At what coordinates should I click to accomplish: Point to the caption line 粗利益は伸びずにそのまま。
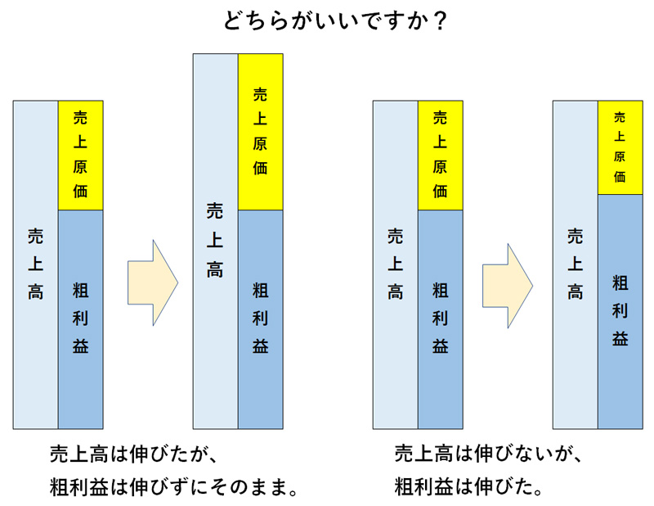tap(172, 489)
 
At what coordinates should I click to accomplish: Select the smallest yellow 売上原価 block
tap(620, 147)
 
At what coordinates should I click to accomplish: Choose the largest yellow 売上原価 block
tap(261, 132)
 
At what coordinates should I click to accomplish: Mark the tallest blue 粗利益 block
tap(620, 311)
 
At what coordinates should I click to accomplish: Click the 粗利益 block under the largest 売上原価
tap(261, 319)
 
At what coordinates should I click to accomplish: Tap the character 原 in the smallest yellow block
tap(620, 156)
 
